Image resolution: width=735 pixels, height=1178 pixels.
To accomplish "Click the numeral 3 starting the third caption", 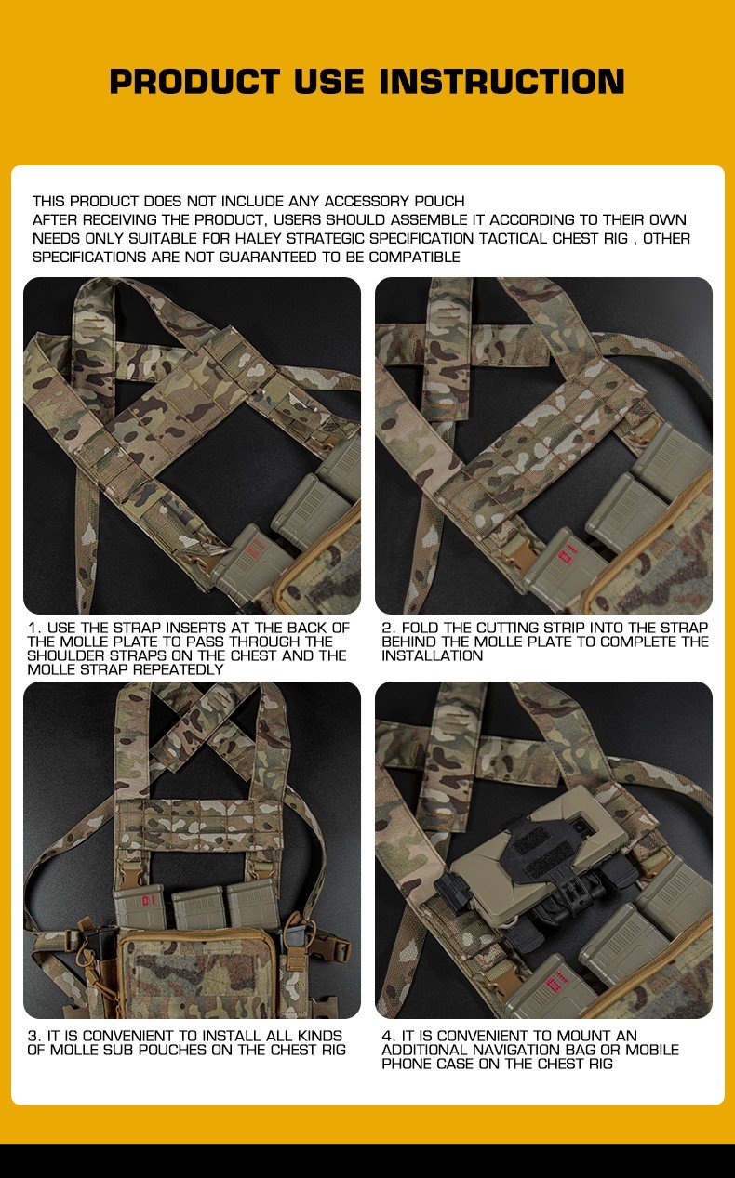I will (33, 1036).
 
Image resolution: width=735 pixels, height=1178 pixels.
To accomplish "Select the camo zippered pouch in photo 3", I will (195, 972).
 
